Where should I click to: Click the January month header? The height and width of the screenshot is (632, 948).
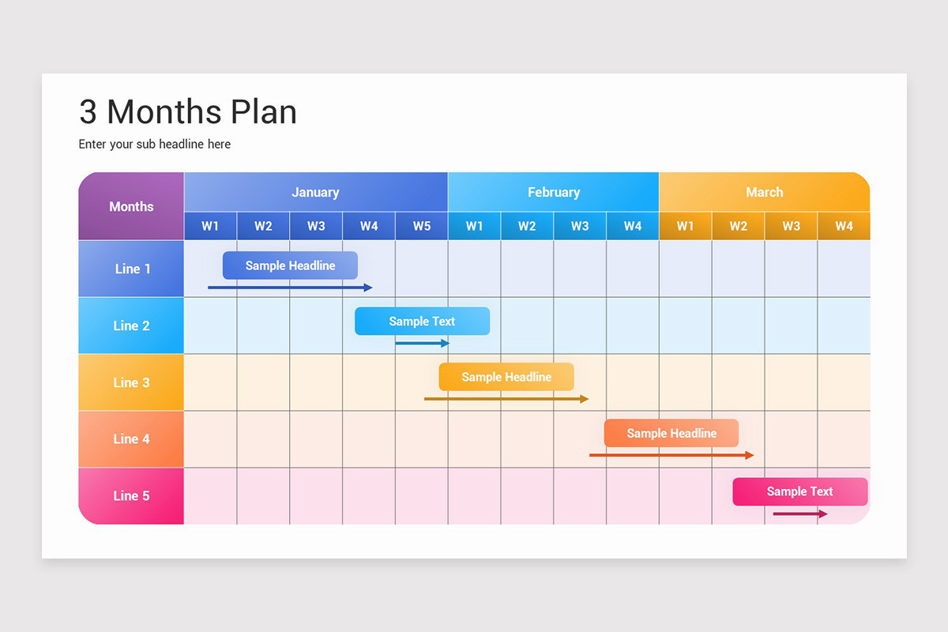pyautogui.click(x=315, y=192)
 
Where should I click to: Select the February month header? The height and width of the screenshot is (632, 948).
pyautogui.click(x=553, y=192)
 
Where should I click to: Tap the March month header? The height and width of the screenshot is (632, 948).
pyautogui.click(x=764, y=192)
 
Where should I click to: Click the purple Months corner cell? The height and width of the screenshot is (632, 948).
pyautogui.click(x=131, y=206)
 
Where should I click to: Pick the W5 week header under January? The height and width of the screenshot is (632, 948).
pyautogui.click(x=422, y=226)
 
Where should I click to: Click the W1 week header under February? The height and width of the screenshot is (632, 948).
pyautogui.click(x=474, y=226)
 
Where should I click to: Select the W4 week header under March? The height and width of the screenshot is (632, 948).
pyautogui.click(x=844, y=226)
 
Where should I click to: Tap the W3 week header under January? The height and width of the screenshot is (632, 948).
pyautogui.click(x=316, y=226)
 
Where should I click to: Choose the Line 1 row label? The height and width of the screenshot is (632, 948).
pyautogui.click(x=131, y=269)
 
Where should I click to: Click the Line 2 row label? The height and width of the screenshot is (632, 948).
pyautogui.click(x=131, y=325)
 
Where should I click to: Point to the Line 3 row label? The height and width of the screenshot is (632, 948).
pyautogui.click(x=131, y=382)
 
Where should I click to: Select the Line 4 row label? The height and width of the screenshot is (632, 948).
pyautogui.click(x=131, y=439)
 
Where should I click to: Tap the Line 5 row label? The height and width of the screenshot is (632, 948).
pyautogui.click(x=131, y=496)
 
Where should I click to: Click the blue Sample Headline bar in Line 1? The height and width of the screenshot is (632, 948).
pyautogui.click(x=290, y=265)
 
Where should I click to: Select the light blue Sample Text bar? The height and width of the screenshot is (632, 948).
pyautogui.click(x=422, y=322)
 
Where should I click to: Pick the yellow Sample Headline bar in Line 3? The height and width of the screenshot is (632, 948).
pyautogui.click(x=506, y=377)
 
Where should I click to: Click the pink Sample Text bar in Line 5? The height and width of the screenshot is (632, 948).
pyautogui.click(x=799, y=491)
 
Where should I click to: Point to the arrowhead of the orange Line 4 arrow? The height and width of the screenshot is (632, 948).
pyautogui.click(x=750, y=455)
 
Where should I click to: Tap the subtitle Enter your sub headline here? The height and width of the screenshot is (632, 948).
pyautogui.click(x=155, y=144)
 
